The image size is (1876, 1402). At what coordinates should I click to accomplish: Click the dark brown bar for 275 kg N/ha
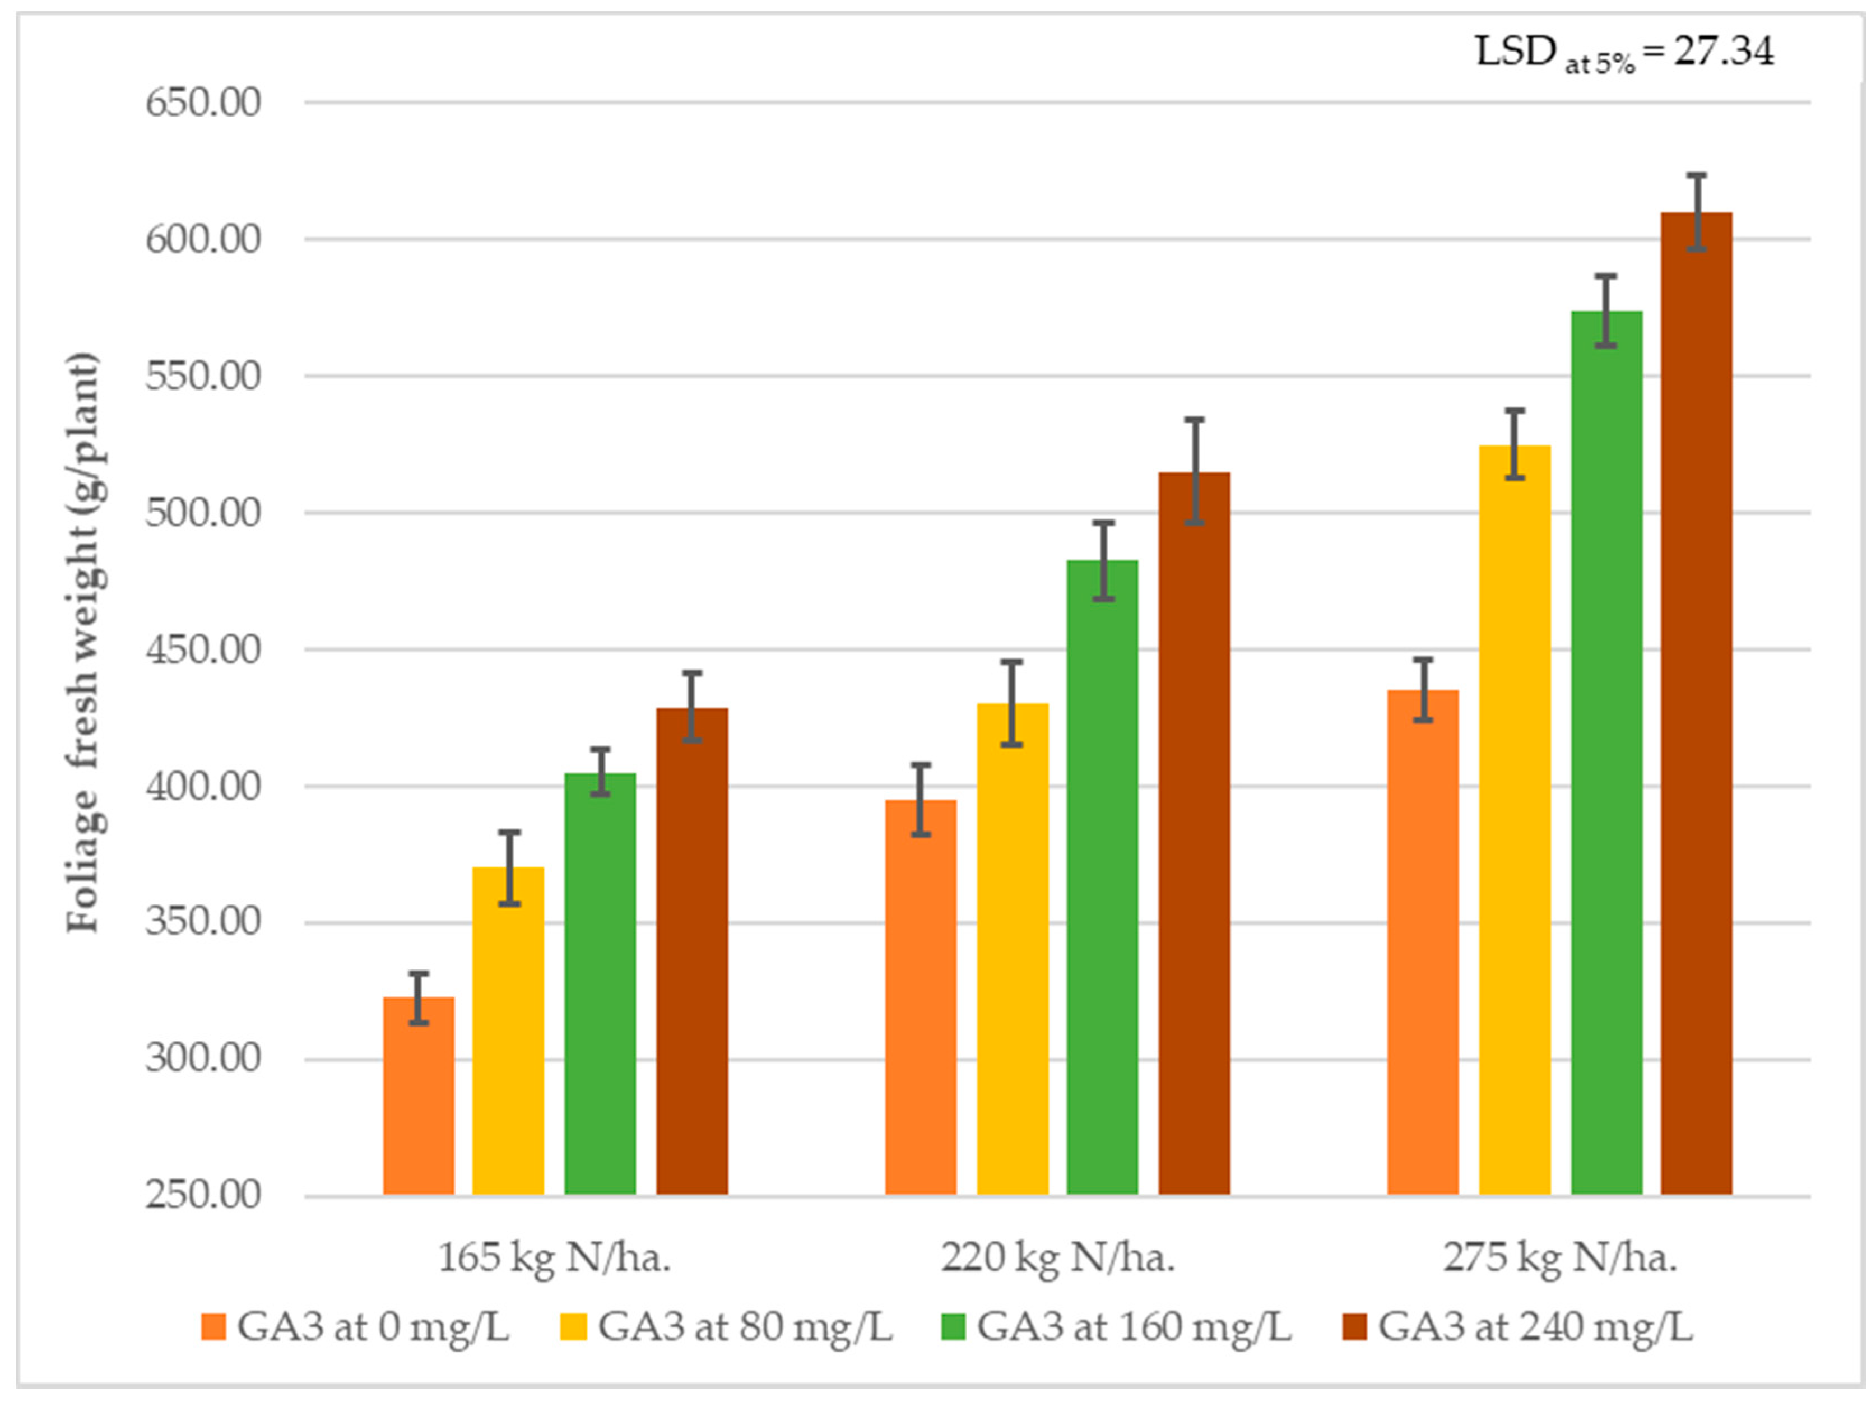[x=1696, y=704]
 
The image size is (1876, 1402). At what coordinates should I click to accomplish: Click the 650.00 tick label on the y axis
[x=203, y=103]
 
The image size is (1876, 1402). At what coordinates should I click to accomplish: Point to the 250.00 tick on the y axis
[x=203, y=1195]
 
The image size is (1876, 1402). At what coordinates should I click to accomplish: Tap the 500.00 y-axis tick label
[x=203, y=513]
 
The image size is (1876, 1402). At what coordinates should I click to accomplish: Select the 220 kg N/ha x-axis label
[x=1057, y=1258]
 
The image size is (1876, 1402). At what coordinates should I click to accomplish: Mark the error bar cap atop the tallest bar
[x=1696, y=175]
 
